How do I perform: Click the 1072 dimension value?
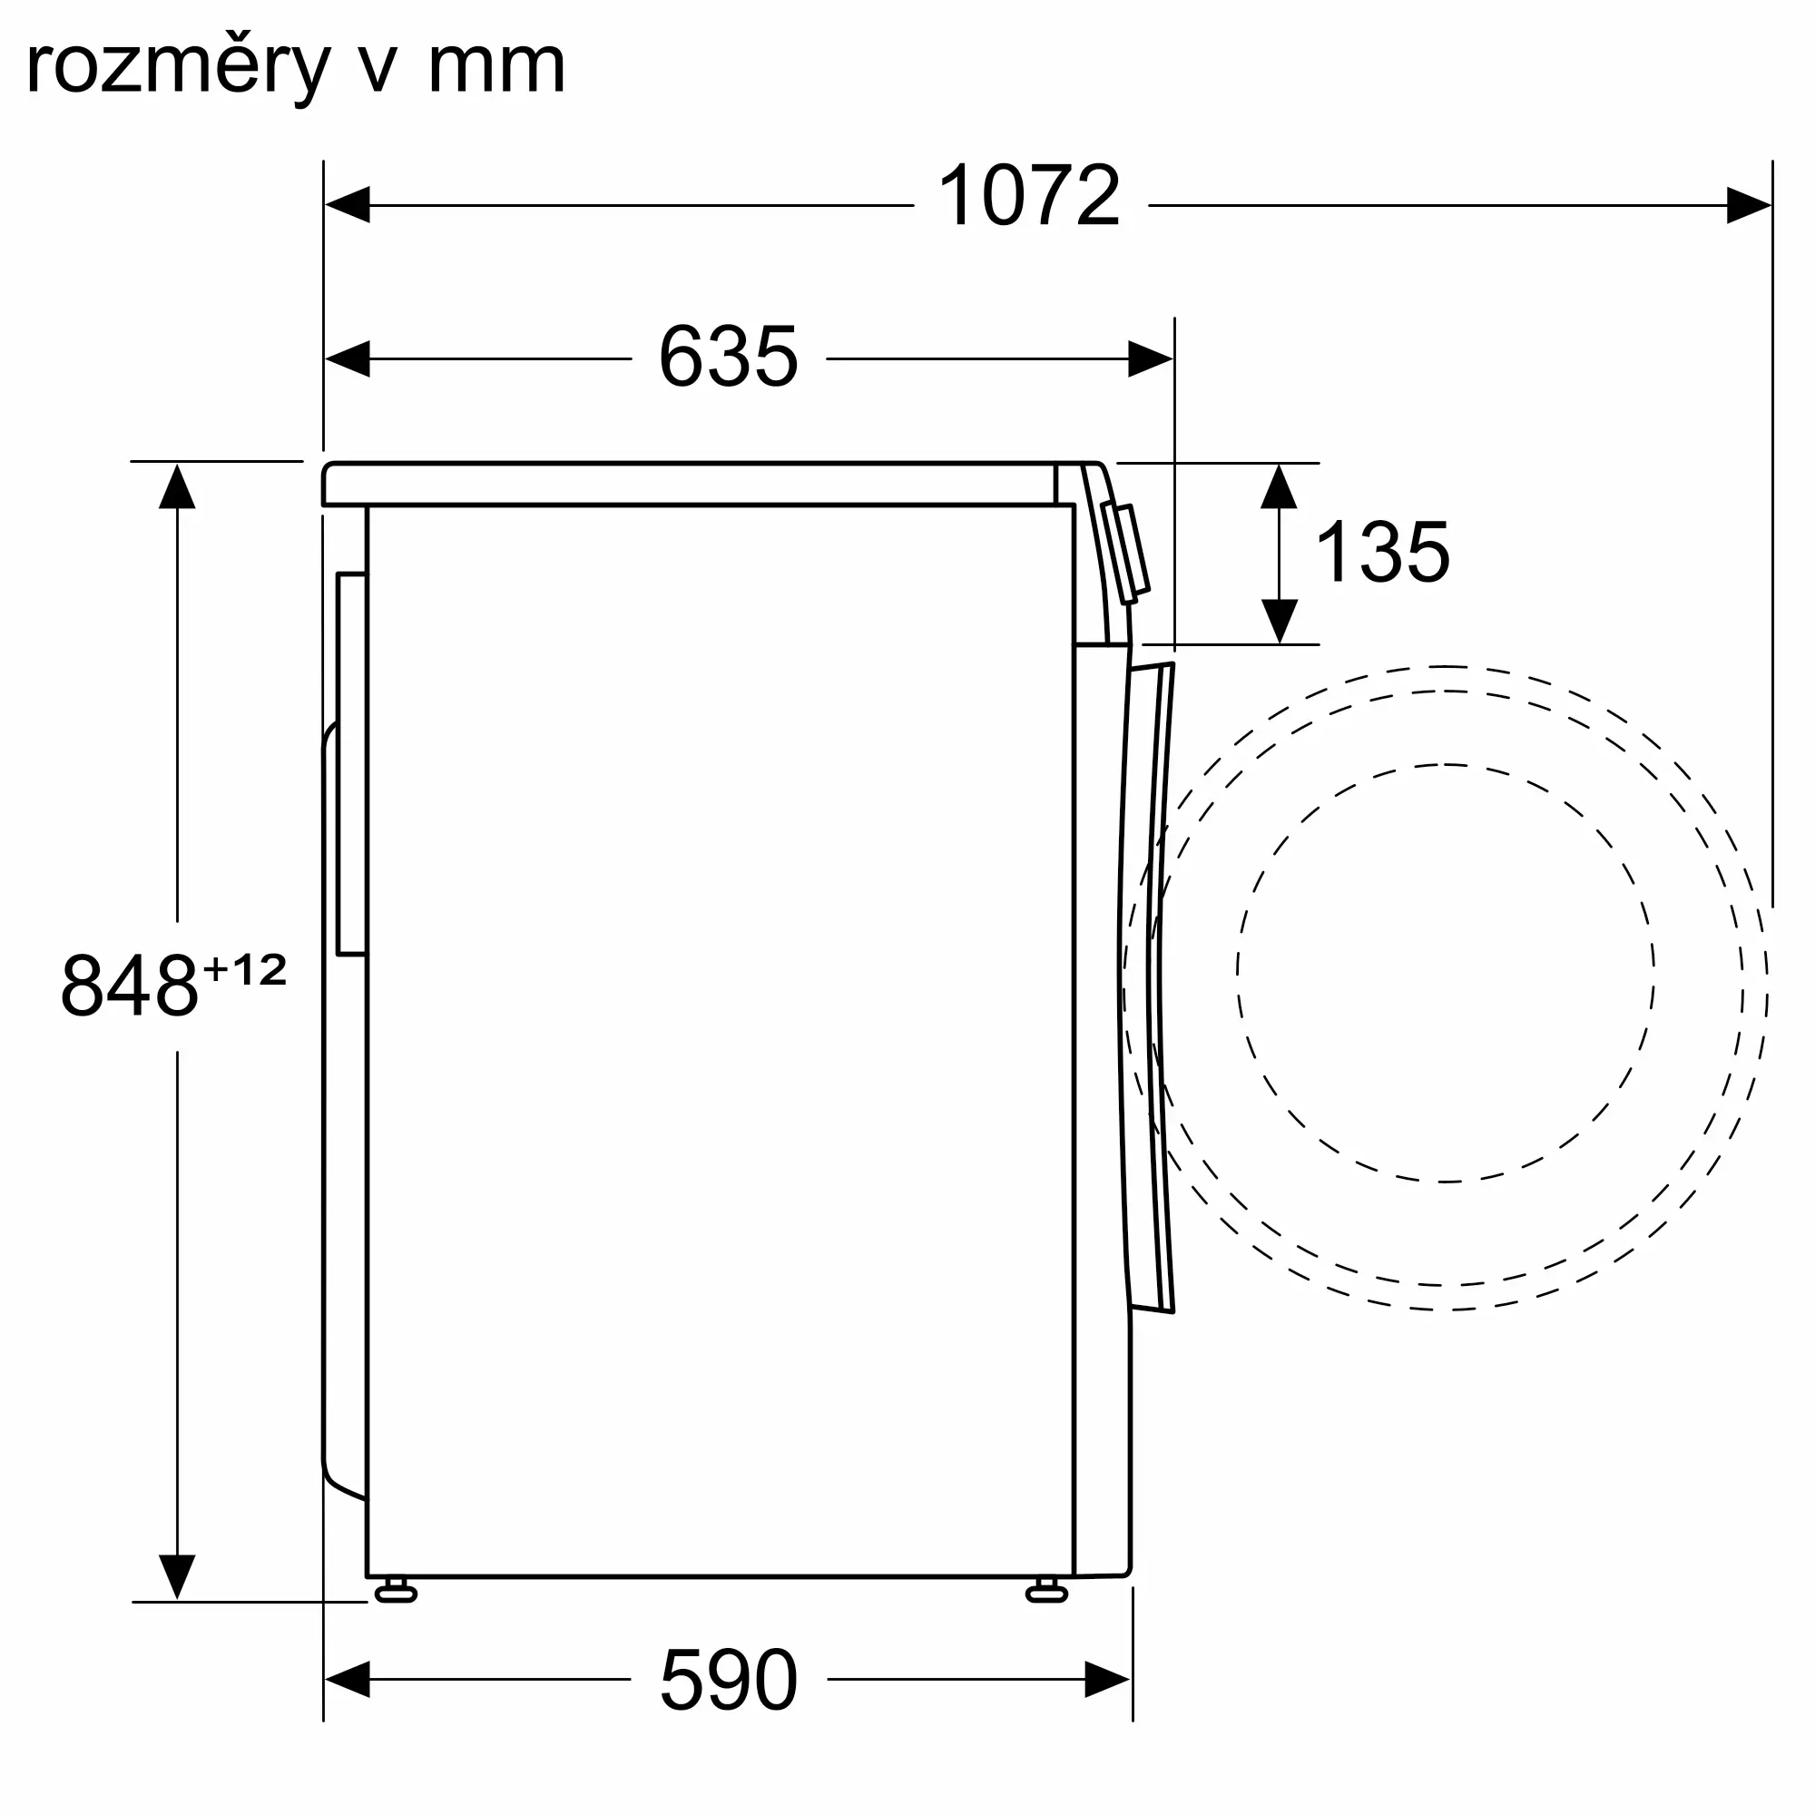1030,195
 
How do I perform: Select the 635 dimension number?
728,356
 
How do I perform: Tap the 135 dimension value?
1382,552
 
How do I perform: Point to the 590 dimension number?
728,1680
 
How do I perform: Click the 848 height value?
130,985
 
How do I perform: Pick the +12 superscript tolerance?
244,969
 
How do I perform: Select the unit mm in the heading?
497,68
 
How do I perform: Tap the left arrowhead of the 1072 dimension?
347,205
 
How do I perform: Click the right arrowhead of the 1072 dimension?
1750,205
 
